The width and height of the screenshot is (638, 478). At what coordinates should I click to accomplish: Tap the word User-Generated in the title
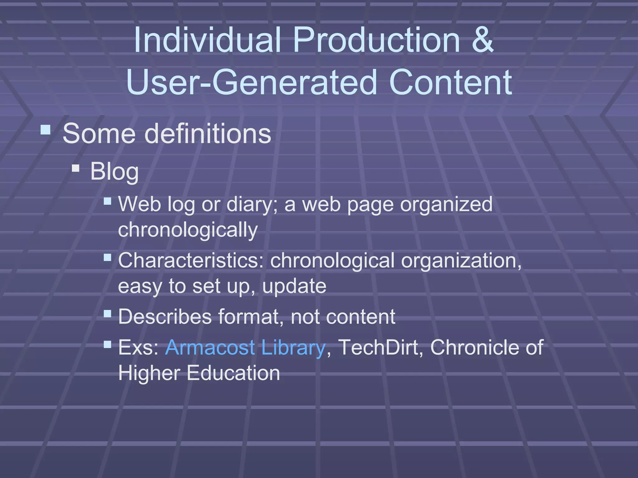[255, 83]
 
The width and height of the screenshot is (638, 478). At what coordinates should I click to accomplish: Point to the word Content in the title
[450, 83]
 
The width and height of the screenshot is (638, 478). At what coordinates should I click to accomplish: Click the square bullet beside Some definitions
[45, 130]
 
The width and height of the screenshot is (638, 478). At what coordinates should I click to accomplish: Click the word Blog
[114, 171]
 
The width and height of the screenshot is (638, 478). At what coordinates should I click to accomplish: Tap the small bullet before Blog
[76, 169]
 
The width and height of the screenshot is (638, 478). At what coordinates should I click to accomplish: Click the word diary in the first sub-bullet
[251, 205]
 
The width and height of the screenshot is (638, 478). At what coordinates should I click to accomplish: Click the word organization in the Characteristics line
[461, 261]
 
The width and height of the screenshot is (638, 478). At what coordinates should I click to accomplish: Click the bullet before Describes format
[107, 313]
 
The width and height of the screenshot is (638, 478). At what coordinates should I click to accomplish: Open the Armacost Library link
[245, 348]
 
